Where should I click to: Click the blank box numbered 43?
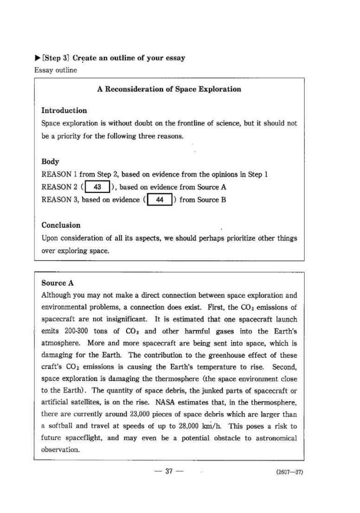tap(98, 187)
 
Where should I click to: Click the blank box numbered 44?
tap(160, 200)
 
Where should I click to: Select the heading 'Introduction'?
tap(64, 110)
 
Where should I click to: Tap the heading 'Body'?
tap(50, 162)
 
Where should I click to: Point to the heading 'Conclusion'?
tap(61, 225)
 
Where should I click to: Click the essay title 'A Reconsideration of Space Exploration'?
tap(169, 89)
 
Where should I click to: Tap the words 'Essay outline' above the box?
tap(55, 70)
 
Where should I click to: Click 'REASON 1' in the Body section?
tap(59, 174)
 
